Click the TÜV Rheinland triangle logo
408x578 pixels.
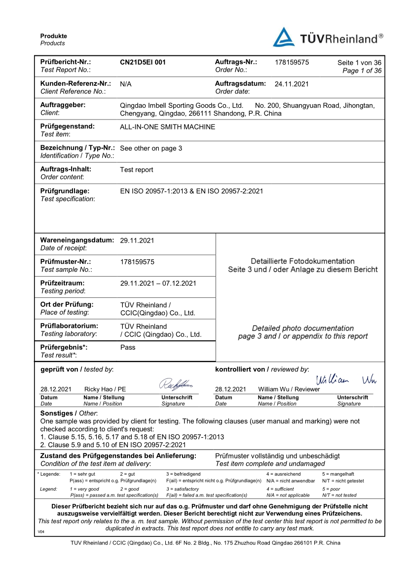[x=284, y=38]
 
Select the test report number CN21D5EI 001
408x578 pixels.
[x=143, y=62]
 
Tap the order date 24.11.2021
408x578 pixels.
[x=292, y=84]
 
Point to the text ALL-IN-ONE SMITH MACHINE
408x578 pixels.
[x=168, y=127]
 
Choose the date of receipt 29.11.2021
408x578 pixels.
[x=137, y=241]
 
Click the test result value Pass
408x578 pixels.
[x=128, y=347]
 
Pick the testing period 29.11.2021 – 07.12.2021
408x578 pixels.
[x=158, y=283]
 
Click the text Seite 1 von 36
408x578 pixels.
[x=359, y=63]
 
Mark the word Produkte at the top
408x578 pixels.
[x=54, y=36]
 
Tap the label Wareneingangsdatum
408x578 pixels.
[x=77, y=240]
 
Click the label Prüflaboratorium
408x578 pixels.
[x=69, y=326]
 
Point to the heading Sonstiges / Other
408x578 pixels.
[x=69, y=413]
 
